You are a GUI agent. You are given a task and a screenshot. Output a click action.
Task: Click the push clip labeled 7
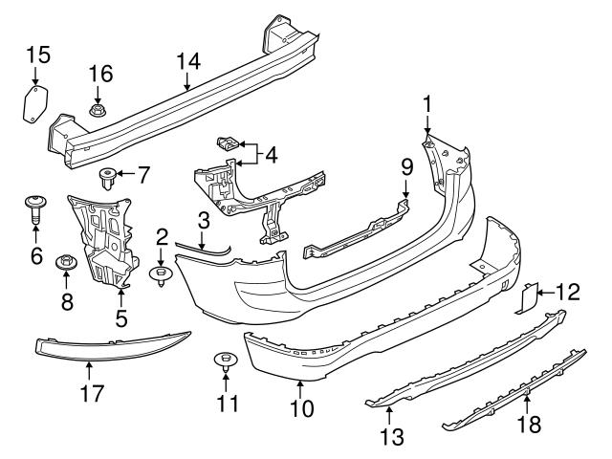(x=110, y=175)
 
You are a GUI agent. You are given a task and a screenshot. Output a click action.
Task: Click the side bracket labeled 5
(x=106, y=240)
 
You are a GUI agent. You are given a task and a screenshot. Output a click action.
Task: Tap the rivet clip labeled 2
(x=161, y=277)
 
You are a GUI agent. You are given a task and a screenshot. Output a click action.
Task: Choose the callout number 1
(x=427, y=101)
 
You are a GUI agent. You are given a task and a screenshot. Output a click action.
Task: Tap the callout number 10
(x=301, y=409)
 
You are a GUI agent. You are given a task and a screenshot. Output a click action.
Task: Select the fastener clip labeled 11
(x=226, y=362)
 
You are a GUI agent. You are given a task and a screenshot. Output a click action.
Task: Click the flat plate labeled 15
(x=34, y=101)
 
